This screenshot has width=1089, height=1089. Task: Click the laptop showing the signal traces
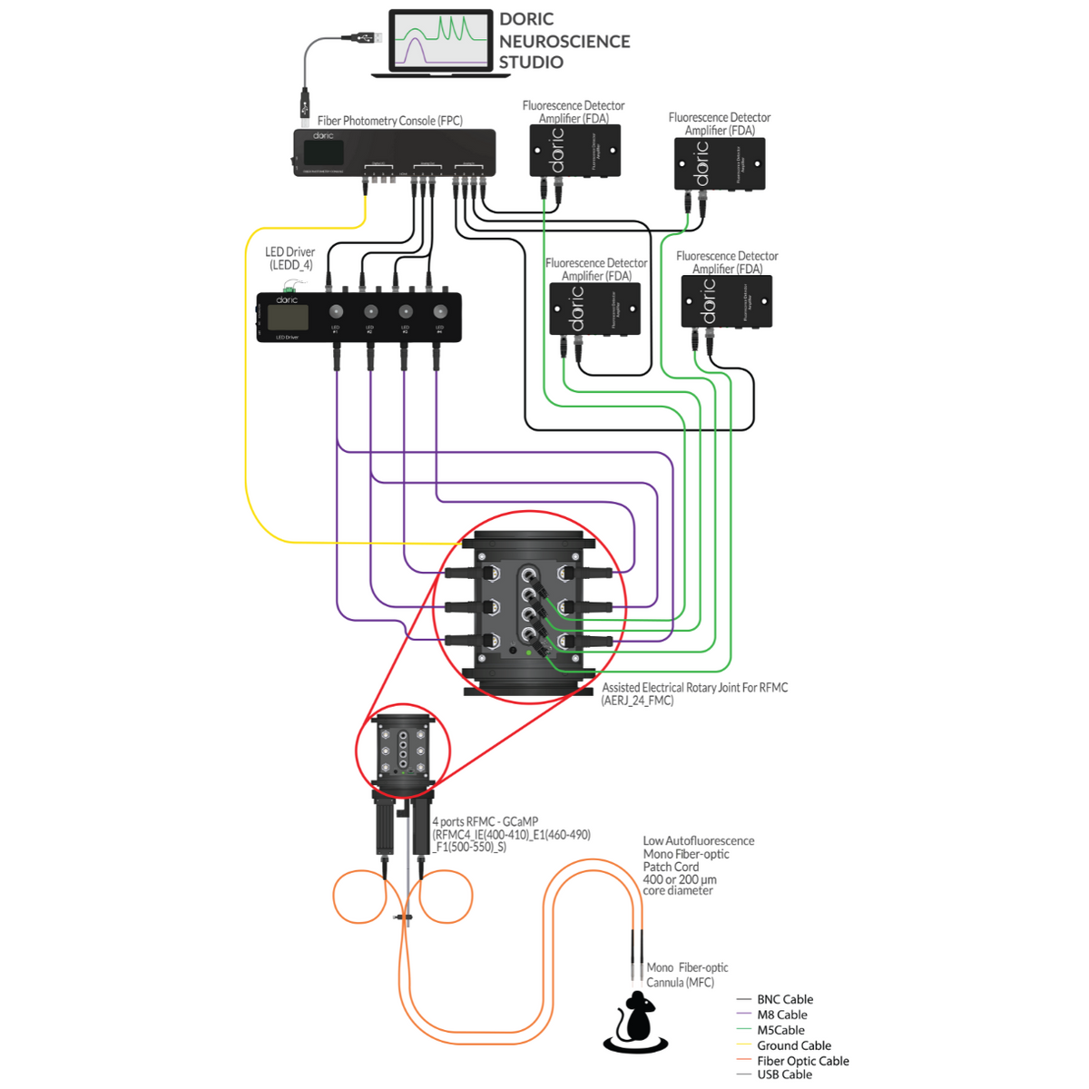coord(440,42)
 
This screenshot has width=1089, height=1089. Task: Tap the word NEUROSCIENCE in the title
coord(564,42)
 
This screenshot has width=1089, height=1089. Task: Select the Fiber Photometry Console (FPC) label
coord(389,121)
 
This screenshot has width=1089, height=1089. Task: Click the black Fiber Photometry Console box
coord(394,152)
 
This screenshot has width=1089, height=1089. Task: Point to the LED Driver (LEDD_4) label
coord(290,259)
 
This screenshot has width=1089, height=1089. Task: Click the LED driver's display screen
coord(288,317)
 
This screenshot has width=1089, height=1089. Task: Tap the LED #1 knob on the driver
coord(336,311)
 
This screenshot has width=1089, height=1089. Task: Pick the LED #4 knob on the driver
coord(439,311)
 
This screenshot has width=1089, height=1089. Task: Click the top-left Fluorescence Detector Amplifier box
coord(574,151)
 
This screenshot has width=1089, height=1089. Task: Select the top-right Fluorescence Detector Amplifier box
coord(719,164)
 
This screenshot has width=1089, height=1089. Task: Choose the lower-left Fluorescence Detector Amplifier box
coord(594,309)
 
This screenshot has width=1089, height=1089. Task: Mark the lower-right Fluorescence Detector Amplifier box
coord(726,301)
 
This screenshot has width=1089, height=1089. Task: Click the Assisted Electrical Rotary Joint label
coord(694,693)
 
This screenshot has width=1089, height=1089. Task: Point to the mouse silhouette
coord(635,1021)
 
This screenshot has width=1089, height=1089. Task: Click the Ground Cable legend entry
coord(793,1045)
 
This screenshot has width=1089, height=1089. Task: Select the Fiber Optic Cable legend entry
coord(802,1061)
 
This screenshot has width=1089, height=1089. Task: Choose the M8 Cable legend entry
coord(781,1015)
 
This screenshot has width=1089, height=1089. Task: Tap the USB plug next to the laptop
coord(365,37)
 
